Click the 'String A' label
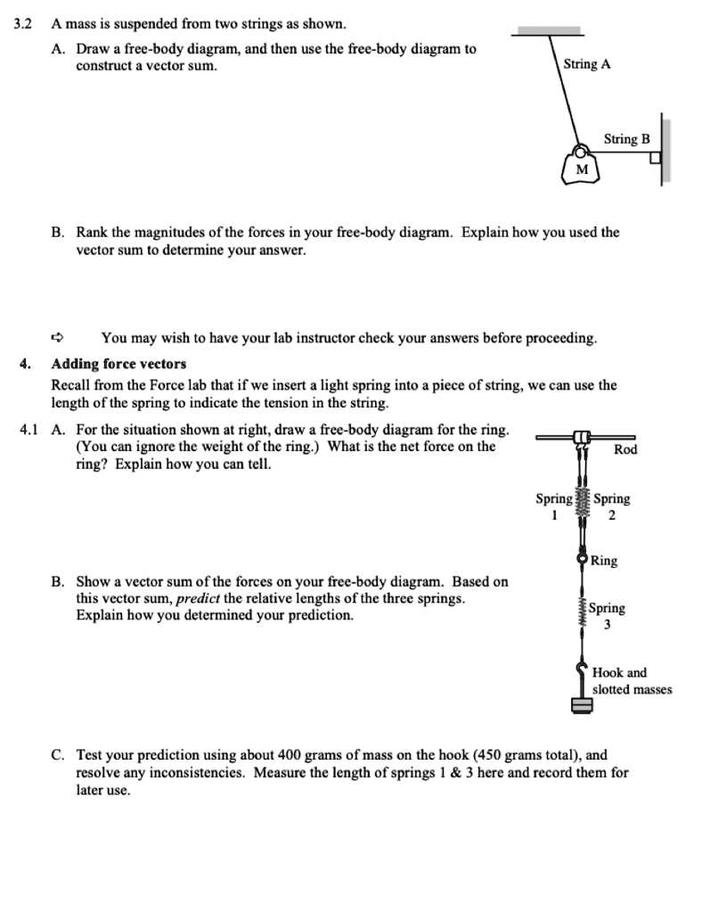pos(587,65)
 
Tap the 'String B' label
pos(626,138)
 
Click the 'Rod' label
pos(625,449)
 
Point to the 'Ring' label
pos(604,561)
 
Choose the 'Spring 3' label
pos(608,616)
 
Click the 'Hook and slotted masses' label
pos(632,681)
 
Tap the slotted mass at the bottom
pos(582,705)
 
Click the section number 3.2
pos(23,22)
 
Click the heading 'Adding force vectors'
pos(118,364)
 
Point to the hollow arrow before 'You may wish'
pos(58,338)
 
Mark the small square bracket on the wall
pos(656,159)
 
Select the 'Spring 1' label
pos(552,506)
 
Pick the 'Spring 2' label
pos(611,506)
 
